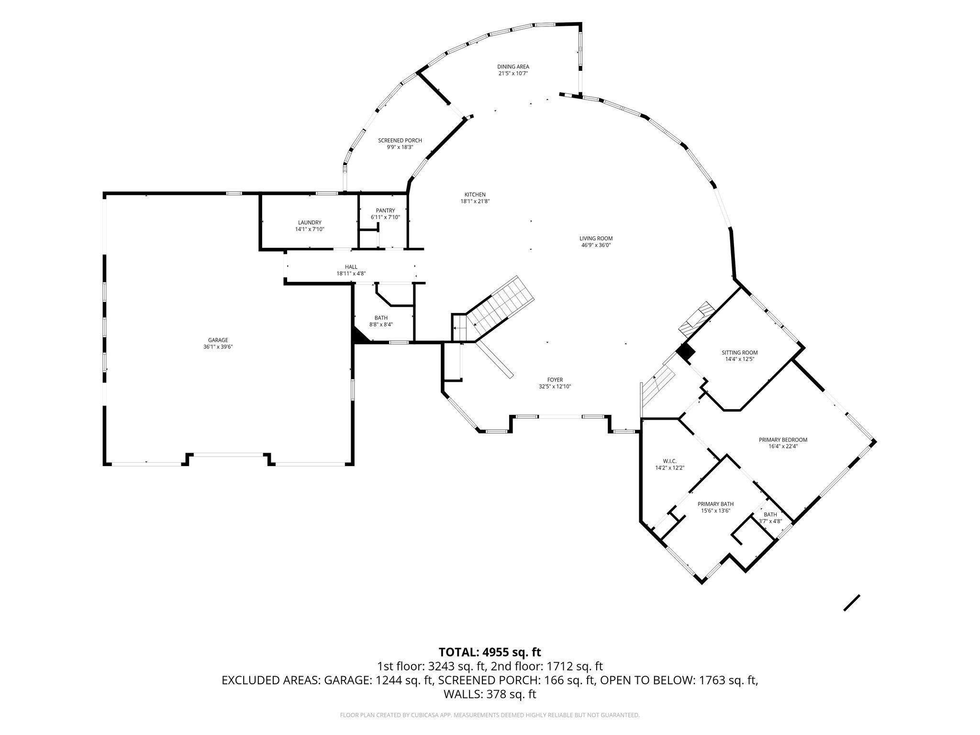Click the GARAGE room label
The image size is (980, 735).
(218, 340)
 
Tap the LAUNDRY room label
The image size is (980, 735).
(310, 223)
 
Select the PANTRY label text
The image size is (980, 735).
(385, 211)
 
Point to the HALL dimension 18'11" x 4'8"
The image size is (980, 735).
(351, 274)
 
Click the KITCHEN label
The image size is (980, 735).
(475, 195)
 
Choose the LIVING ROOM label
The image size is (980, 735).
(596, 238)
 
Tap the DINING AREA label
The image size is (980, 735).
(513, 67)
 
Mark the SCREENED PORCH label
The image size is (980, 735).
(400, 141)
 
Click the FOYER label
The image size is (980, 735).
(555, 380)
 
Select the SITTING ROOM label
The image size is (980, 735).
(739, 353)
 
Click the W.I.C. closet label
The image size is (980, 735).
(669, 461)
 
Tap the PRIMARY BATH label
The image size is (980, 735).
(715, 504)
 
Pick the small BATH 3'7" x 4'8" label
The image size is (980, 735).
(770, 514)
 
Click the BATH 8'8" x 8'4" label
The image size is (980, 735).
(381, 318)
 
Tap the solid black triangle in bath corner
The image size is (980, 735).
(359, 335)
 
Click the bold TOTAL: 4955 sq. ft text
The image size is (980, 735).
(490, 652)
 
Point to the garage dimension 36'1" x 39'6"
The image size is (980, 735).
(218, 347)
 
